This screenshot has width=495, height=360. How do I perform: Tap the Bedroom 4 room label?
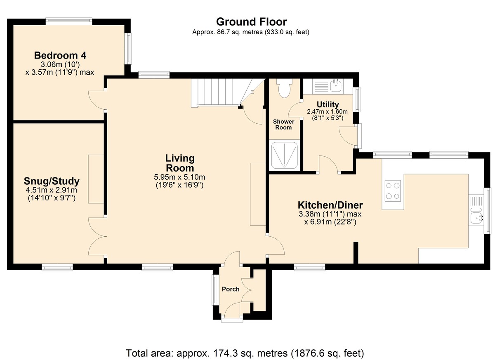tap(60, 55)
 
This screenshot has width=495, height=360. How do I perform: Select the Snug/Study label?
tap(52, 181)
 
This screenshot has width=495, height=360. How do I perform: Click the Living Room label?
tap(180, 163)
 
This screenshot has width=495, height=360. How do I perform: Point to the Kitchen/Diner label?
tap(330, 205)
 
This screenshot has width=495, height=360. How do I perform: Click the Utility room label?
tap(328, 104)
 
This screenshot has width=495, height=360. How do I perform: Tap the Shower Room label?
tap(283, 125)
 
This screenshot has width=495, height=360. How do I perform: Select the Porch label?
tap(231, 289)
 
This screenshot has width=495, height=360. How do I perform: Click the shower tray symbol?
tap(284, 155)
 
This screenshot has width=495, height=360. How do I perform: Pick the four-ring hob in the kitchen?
tap(392, 191)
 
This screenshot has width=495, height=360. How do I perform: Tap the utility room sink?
tap(336, 85)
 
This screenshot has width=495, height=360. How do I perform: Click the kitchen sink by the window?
tap(476, 215)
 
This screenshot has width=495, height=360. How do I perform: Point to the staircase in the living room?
tap(228, 93)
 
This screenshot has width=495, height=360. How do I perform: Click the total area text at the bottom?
tap(245, 353)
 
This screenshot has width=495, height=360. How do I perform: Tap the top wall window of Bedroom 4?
tap(69, 21)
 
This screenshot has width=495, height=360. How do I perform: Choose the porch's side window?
tap(214, 289)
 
